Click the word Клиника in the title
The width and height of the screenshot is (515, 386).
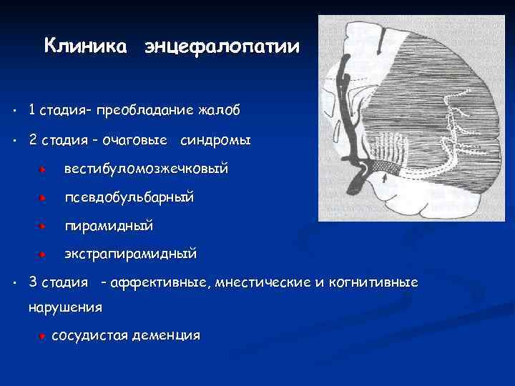tap(86, 47)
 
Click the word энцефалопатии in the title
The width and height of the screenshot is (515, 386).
tap(222, 48)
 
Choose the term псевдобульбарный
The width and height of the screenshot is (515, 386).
tap(129, 197)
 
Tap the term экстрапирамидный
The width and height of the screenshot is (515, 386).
tap(130, 254)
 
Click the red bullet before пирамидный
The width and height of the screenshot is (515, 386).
tap(44, 226)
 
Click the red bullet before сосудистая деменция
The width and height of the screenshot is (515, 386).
tap(44, 336)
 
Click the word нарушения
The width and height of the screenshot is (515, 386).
tap(65, 307)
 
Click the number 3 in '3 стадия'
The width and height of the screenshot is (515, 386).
tap(33, 282)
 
